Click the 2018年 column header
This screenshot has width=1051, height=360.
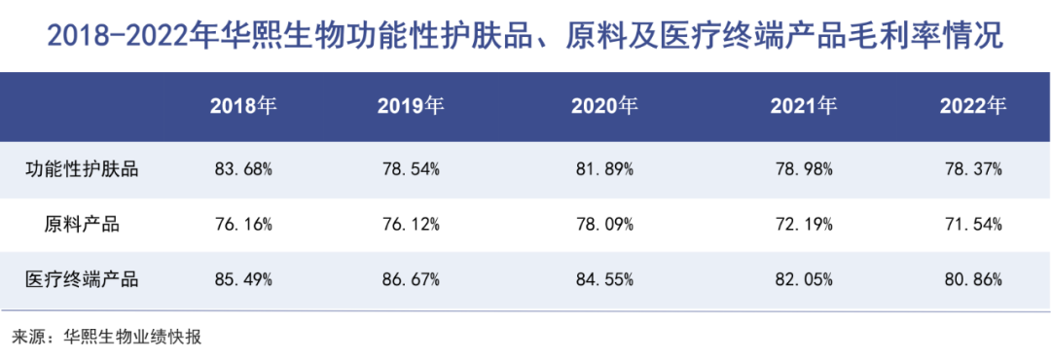[x=243, y=106]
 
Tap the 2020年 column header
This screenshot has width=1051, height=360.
[x=603, y=106]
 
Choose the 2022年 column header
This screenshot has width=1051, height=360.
[x=972, y=106]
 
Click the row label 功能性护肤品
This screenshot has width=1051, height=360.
[x=82, y=168]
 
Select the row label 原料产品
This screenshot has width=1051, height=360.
[x=82, y=225]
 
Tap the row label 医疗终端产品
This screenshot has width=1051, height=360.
[x=82, y=280]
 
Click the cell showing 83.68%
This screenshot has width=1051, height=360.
[x=243, y=168]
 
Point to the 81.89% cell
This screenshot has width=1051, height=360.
[x=603, y=168]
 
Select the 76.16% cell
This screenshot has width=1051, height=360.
[x=243, y=225]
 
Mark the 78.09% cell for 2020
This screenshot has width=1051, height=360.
[x=603, y=225]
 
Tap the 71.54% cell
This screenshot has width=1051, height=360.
[x=972, y=225]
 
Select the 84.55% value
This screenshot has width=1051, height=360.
[x=603, y=280]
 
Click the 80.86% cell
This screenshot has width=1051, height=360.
[x=972, y=280]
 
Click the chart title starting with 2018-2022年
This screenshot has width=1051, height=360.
[x=525, y=37]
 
